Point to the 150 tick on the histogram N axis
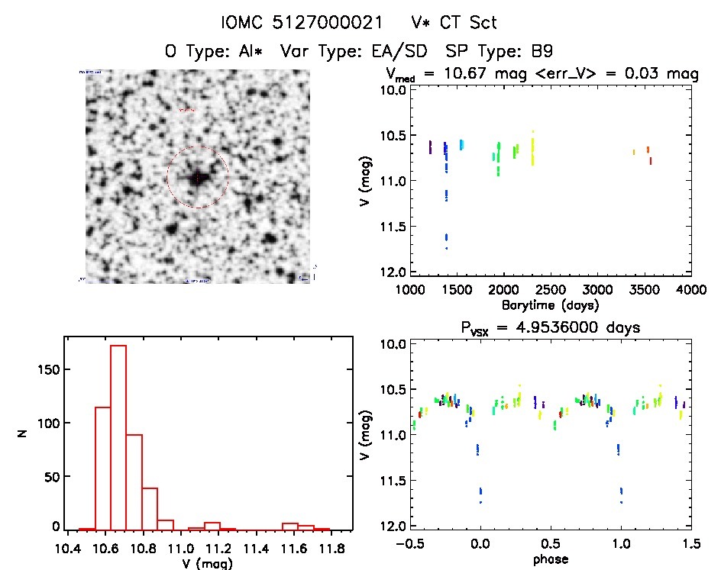pyautogui.click(x=49, y=369)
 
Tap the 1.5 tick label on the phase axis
pyautogui.click(x=690, y=545)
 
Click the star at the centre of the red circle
pyautogui.click(x=197, y=177)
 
